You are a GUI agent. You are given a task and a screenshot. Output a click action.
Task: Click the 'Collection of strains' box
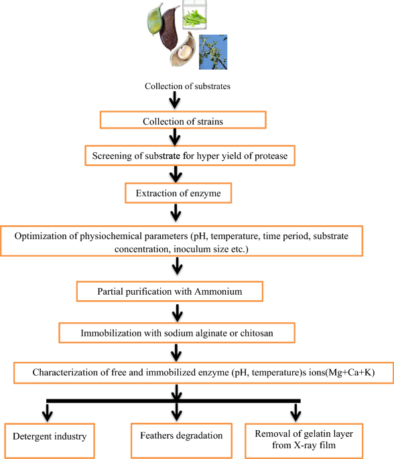click(x=183, y=120)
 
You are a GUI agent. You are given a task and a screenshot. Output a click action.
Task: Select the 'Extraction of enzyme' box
click(x=178, y=193)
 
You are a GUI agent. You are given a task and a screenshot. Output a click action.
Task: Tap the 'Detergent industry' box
click(x=50, y=440)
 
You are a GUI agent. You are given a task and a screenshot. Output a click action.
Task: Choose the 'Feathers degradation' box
click(x=181, y=440)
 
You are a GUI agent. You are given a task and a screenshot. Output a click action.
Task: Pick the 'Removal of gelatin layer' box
click(x=304, y=440)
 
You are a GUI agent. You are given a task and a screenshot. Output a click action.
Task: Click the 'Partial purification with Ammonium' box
click(x=170, y=291)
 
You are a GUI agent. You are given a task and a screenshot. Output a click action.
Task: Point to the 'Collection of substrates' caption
click(x=188, y=86)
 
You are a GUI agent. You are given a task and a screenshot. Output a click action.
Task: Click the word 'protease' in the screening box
click(x=271, y=156)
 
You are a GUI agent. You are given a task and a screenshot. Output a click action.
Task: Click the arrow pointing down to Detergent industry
click(x=47, y=413)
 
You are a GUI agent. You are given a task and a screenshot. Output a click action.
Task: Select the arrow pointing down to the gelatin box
click(x=295, y=413)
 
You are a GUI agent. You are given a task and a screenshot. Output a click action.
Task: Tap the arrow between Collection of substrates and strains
click(x=175, y=100)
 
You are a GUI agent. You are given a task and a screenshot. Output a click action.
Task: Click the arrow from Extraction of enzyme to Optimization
click(x=176, y=212)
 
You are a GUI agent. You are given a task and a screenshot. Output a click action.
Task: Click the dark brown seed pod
click(x=170, y=28)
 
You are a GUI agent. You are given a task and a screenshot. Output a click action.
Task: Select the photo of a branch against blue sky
click(x=213, y=52)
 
